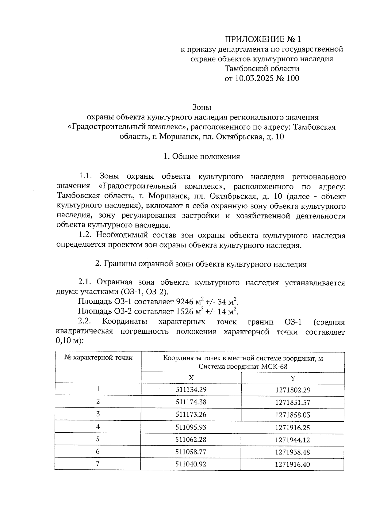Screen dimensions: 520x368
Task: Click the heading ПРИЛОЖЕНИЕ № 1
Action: click(263, 39)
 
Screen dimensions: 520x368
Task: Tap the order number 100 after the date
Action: click(293, 78)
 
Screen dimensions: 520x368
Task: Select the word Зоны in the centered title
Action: click(202, 108)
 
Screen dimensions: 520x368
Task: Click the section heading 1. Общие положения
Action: click(201, 157)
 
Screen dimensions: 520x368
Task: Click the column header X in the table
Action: click(191, 378)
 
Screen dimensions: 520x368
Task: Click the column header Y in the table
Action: click(293, 378)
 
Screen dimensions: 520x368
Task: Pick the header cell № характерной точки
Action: click(98, 358)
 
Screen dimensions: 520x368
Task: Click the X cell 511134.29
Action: click(191, 390)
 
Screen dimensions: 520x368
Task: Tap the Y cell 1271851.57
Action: click(293, 402)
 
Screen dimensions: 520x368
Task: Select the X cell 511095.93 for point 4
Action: click(191, 427)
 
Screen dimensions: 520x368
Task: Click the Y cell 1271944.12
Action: click(293, 440)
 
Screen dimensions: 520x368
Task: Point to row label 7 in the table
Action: click(98, 464)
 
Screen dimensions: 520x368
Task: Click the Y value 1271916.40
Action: click(293, 465)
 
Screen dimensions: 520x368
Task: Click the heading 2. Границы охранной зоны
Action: click(201, 264)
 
